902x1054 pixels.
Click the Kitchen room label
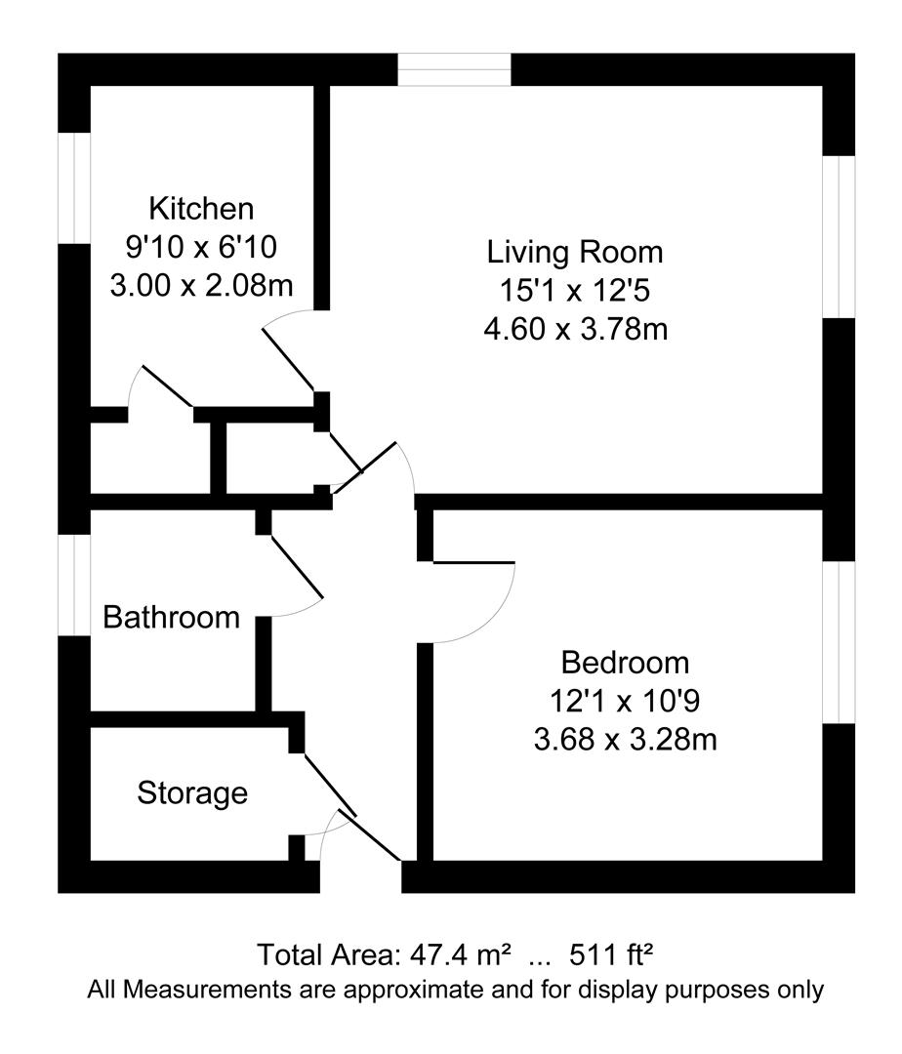[201, 209]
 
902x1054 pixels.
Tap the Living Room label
[575, 253]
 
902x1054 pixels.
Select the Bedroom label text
[625, 663]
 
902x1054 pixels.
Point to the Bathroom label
[172, 617]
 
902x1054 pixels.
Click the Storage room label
[192, 793]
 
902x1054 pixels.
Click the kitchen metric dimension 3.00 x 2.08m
[202, 286]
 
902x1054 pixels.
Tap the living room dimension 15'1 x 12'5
[575, 291]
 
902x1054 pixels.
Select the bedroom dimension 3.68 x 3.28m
[625, 740]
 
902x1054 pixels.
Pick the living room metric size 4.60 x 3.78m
[575, 330]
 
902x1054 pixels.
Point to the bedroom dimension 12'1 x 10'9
[625, 701]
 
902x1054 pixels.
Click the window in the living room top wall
[454, 70]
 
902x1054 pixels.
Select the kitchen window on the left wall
[74, 188]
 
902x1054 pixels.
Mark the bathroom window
[74, 585]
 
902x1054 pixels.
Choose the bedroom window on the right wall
[839, 642]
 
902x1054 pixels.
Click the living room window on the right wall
[839, 236]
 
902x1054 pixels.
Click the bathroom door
[298, 566]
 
